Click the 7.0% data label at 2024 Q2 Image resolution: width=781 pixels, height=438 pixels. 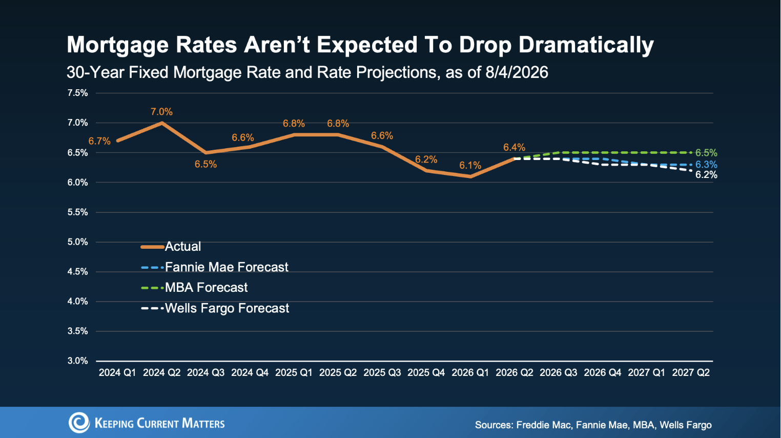(161, 112)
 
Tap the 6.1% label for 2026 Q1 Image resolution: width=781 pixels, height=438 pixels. (470, 166)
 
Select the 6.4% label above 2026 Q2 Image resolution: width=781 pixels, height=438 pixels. (515, 147)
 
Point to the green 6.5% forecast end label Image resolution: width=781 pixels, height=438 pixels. (706, 153)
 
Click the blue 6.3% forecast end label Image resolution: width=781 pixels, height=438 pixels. (706, 165)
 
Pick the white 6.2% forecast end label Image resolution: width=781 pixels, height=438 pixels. (706, 175)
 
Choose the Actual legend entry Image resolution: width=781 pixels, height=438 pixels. (171, 247)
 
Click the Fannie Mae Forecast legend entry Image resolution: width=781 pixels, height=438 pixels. (214, 267)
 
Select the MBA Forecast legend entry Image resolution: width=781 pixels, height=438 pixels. (194, 288)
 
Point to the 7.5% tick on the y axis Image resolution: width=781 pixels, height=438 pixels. (77, 93)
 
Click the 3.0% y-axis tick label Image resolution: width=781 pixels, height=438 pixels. (77, 361)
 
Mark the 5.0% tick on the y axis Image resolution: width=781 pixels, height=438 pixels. (77, 242)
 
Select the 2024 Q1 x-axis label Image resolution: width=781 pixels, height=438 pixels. (117, 373)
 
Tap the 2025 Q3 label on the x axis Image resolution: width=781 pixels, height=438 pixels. (382, 373)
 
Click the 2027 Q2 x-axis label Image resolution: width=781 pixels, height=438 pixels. (691, 373)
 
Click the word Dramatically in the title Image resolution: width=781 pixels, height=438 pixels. (586, 45)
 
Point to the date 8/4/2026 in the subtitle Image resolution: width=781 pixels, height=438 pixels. (517, 73)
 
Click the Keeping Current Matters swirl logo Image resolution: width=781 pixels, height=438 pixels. (79, 423)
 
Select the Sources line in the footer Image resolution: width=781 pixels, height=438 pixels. (593, 425)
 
